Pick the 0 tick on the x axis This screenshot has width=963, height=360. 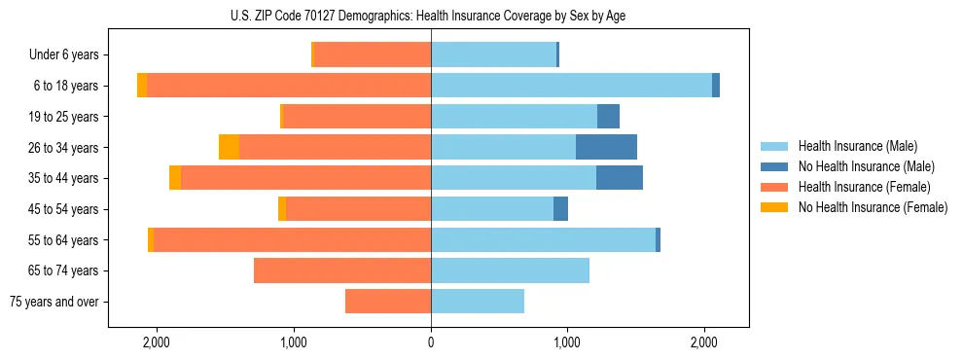click(x=431, y=342)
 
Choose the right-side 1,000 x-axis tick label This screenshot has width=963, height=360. click(x=568, y=342)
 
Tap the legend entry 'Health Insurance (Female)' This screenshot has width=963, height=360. click(x=864, y=187)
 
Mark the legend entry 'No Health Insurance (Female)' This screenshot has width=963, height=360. click(x=873, y=207)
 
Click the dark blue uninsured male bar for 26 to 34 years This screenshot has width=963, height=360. click(x=606, y=147)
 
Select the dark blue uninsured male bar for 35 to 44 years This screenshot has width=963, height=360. click(x=620, y=178)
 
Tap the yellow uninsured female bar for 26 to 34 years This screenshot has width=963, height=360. click(x=229, y=147)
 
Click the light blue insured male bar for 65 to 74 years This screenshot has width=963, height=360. click(x=510, y=270)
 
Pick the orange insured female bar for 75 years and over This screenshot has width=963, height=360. click(x=388, y=302)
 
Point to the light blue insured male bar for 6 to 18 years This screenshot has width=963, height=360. click(x=571, y=86)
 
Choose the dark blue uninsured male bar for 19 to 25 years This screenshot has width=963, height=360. click(x=608, y=117)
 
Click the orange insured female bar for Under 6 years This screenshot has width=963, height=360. click(x=373, y=55)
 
